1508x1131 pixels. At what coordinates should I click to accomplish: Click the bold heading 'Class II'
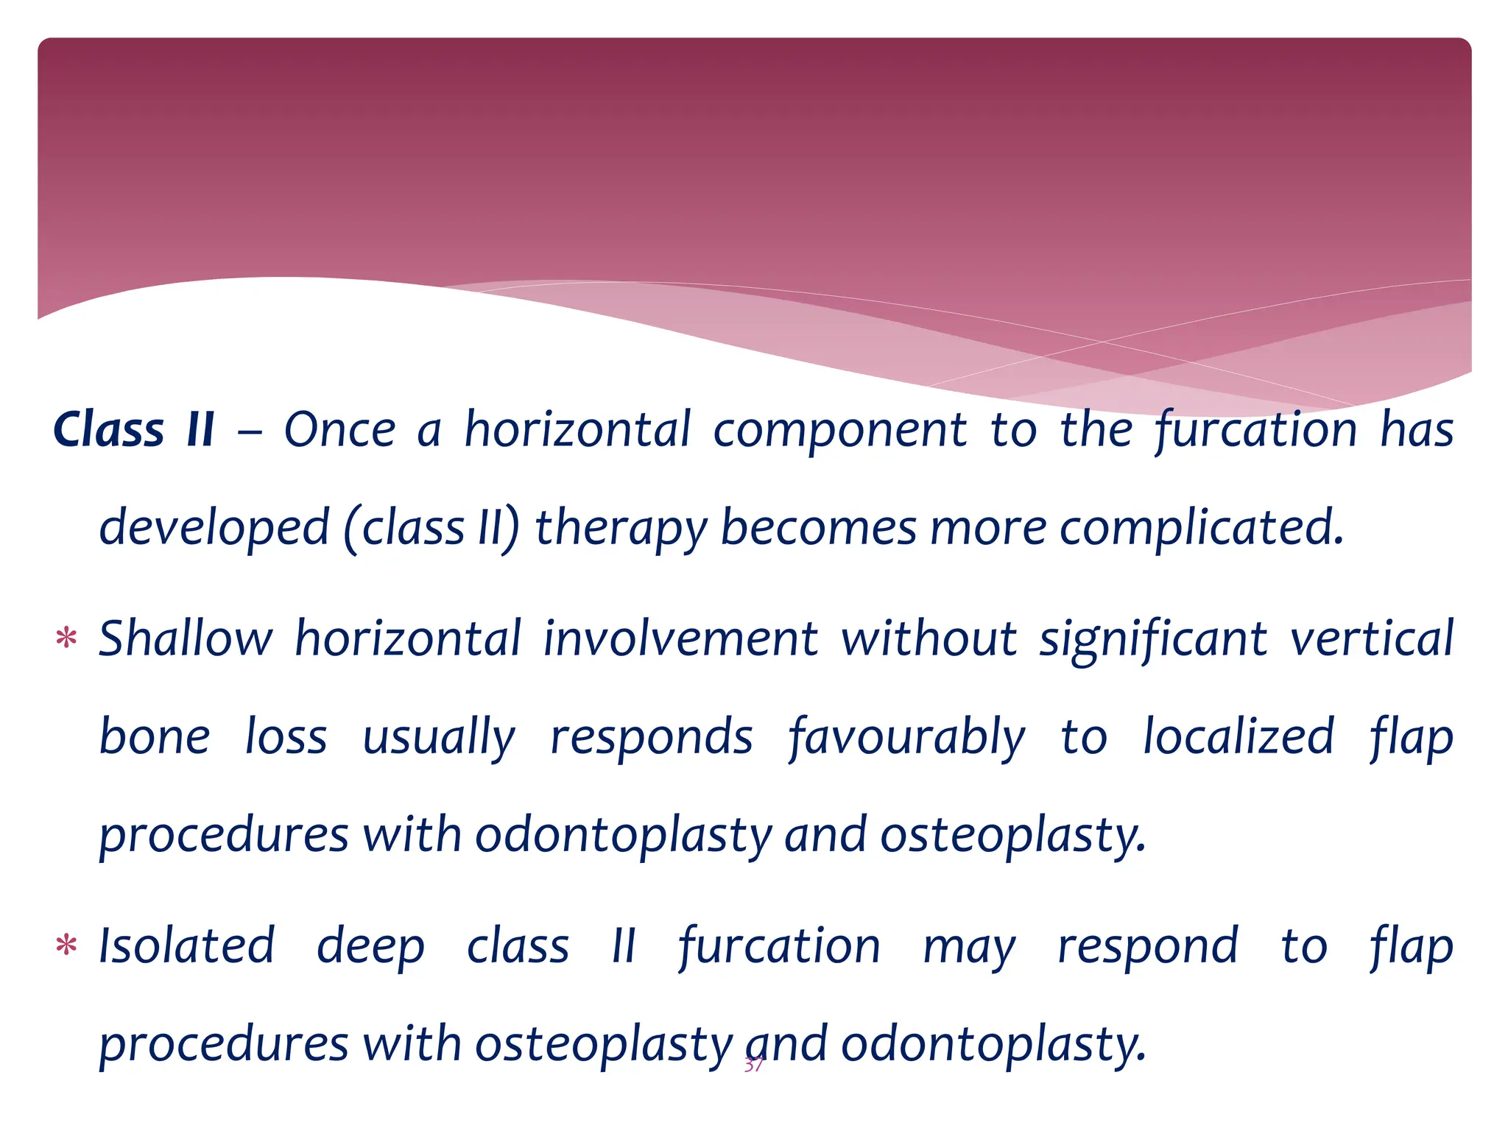[134, 430]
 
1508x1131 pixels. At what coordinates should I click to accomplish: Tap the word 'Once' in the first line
[339, 430]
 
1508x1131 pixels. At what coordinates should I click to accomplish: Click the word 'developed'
[214, 529]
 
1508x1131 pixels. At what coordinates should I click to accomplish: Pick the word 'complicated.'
[1202, 529]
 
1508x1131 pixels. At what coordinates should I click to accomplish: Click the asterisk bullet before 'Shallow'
[66, 638]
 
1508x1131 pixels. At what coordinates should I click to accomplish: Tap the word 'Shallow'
[186, 638]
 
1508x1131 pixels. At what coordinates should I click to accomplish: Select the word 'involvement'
[680, 638]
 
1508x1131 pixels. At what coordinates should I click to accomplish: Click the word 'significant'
[1153, 640]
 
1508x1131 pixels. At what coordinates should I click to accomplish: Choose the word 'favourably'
[906, 738]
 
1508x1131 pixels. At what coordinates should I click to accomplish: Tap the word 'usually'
[439, 738]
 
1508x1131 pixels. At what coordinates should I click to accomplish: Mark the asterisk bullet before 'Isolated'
[66, 946]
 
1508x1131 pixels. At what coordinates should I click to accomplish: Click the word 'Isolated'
[187, 946]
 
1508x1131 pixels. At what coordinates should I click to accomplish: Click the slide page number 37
[753, 1065]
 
